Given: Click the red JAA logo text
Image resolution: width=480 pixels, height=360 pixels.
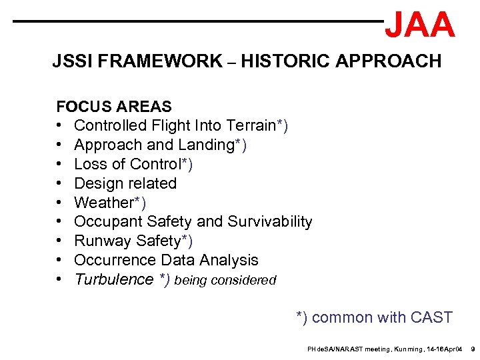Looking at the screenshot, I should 420,25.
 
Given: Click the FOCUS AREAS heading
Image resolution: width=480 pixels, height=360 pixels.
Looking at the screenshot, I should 114,107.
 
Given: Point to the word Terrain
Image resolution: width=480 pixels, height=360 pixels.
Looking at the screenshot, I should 251,125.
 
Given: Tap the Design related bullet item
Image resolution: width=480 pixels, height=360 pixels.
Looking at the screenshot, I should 125,183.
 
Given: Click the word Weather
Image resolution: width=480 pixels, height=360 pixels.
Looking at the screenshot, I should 103,203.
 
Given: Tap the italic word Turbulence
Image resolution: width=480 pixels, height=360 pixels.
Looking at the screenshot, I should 114,279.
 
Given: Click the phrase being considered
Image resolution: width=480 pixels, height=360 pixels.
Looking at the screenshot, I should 225,281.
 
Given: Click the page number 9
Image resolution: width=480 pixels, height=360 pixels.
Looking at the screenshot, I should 472,349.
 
